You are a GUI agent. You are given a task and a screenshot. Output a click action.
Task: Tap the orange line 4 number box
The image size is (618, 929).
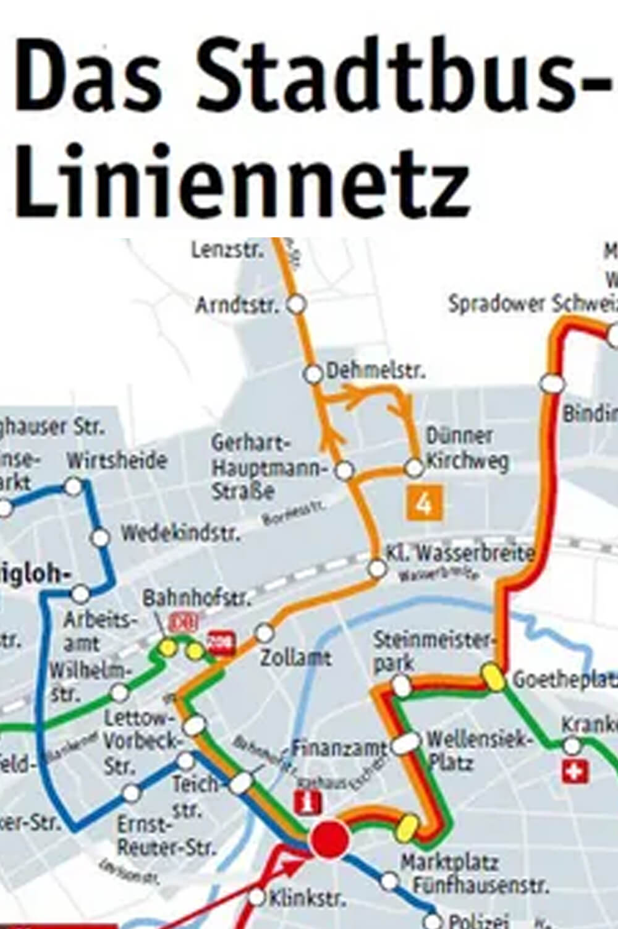(424, 504)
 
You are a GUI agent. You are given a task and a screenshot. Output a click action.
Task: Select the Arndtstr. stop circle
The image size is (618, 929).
(297, 304)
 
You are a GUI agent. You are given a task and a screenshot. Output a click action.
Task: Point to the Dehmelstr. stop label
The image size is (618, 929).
(376, 371)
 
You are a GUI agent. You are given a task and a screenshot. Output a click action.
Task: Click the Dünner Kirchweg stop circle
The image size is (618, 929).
(414, 468)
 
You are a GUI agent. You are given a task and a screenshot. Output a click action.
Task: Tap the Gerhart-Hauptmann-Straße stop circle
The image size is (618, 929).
(344, 470)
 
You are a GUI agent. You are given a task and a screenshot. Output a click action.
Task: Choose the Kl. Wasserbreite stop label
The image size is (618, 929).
(460, 553)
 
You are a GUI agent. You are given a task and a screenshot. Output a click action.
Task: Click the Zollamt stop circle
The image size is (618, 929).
(265, 632)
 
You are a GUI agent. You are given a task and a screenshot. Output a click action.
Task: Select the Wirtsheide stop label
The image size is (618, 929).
(117, 460)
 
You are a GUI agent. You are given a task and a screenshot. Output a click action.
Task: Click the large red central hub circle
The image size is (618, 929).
(329, 840)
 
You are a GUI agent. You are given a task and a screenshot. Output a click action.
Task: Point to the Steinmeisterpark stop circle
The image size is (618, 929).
(402, 684)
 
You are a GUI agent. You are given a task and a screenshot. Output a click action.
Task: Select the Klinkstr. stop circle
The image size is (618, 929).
(258, 897)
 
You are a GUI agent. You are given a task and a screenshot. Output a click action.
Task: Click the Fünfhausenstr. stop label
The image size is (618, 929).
(480, 886)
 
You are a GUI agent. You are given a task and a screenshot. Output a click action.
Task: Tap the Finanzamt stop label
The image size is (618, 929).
(339, 749)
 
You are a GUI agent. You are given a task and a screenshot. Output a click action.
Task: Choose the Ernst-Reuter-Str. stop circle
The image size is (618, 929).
(131, 792)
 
